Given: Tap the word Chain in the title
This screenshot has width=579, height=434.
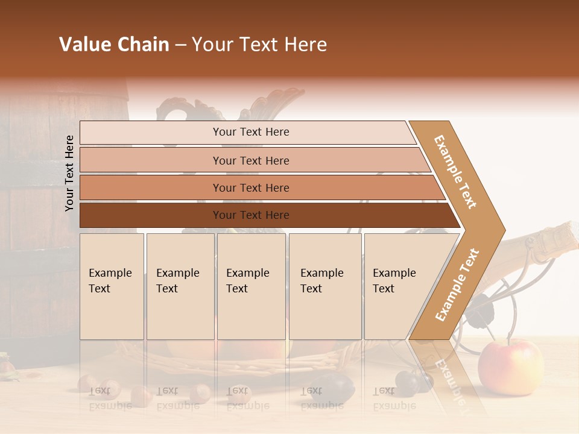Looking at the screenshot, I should pos(144,45).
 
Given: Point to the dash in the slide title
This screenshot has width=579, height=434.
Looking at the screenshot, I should pos(180,45).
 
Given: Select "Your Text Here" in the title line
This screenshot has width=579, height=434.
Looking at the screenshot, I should pos(259,45).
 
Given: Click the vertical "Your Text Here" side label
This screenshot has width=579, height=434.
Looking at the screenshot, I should pos(69,173).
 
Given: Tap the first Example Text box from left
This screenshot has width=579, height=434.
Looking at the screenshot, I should pos(112,286).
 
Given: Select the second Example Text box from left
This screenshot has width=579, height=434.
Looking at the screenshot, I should pos(180,286).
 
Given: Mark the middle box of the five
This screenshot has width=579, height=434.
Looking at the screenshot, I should pos(251,286).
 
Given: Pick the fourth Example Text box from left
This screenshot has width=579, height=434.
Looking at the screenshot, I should pos(325,286).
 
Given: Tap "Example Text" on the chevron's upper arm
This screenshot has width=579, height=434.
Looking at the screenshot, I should pos(455,171).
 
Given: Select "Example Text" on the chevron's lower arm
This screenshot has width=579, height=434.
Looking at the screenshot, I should pos(457,285).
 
